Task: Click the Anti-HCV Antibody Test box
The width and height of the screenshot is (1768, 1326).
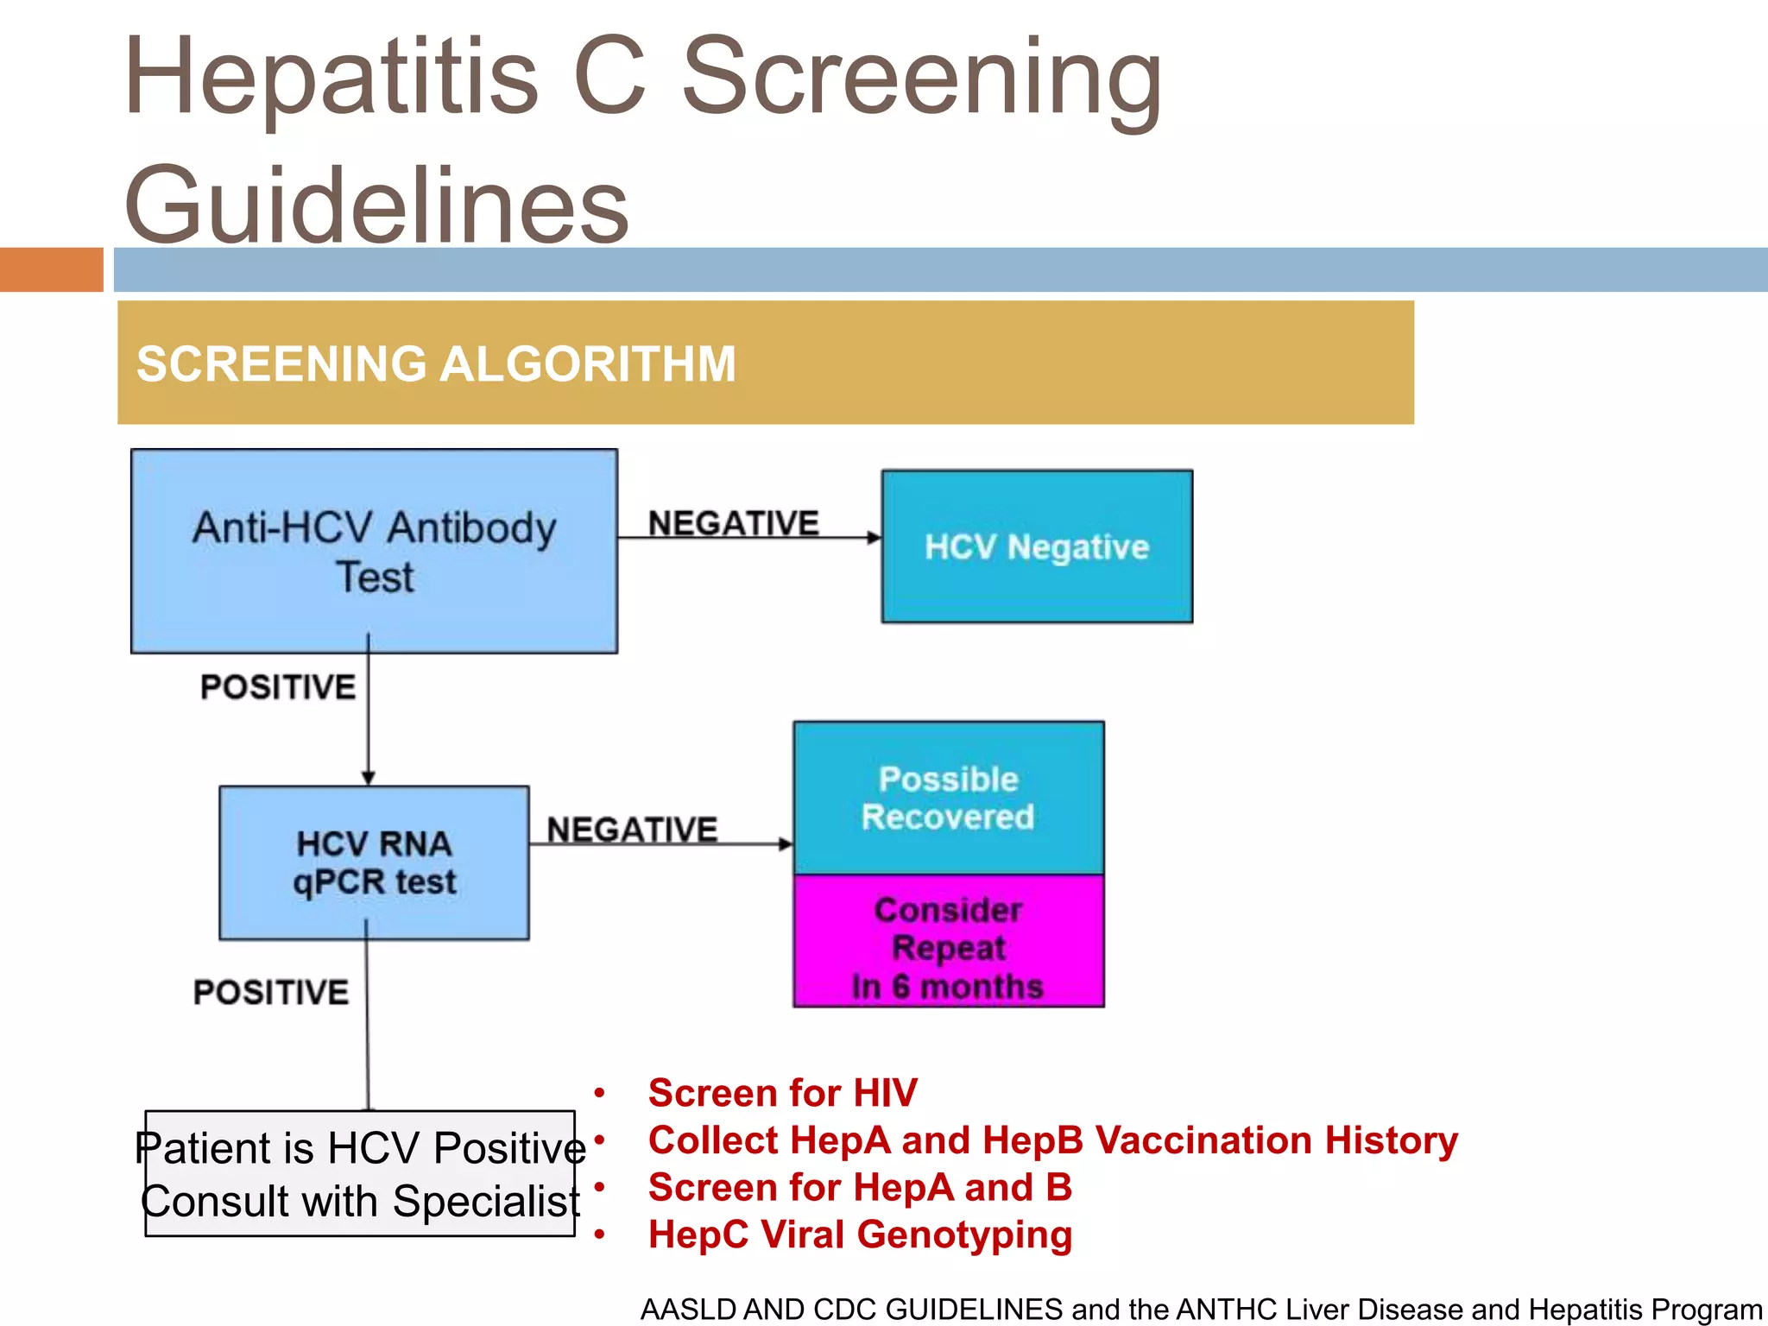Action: [x=374, y=551]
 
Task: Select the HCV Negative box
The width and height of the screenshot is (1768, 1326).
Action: [x=1037, y=546]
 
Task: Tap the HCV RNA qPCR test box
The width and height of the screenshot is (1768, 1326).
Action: [x=374, y=862]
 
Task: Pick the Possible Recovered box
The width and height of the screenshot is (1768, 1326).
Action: [x=948, y=798]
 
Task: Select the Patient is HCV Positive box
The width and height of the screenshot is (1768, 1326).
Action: [x=360, y=1173]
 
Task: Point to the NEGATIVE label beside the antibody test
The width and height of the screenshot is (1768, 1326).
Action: [x=733, y=523]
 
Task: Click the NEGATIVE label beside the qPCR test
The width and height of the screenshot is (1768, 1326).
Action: [x=632, y=830]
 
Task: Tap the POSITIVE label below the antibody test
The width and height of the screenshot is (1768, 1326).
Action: [x=278, y=687]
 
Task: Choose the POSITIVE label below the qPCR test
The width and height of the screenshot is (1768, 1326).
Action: [x=271, y=992]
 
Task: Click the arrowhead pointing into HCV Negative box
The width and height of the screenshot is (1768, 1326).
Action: [x=874, y=538]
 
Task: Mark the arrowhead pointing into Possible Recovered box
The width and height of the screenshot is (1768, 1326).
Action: [x=786, y=843]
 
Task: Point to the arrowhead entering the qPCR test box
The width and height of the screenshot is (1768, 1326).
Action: [x=369, y=778]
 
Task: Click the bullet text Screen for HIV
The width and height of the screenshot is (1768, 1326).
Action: [x=782, y=1093]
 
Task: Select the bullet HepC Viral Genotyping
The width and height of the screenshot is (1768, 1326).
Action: [x=860, y=1234]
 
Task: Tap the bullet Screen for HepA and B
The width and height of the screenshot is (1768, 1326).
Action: [x=860, y=1187]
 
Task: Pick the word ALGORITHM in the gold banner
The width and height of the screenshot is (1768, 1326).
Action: [x=588, y=363]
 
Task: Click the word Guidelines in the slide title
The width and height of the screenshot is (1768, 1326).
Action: [x=377, y=205]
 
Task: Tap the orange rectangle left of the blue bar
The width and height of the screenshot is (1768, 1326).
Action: [x=51, y=269]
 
